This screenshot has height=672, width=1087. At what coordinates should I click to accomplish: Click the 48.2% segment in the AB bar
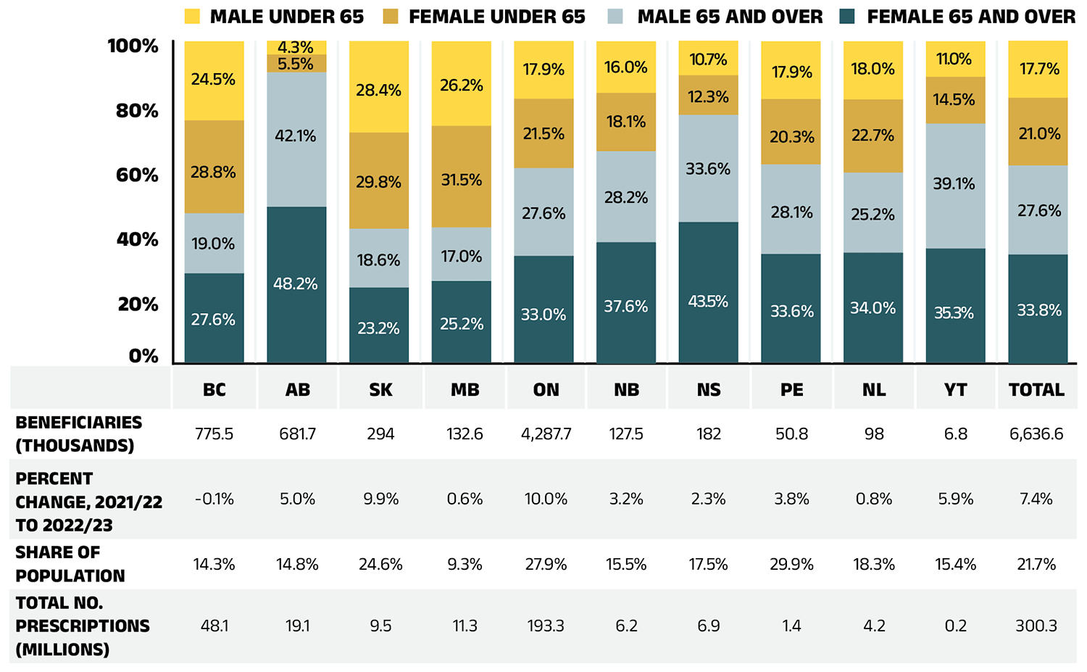click(296, 284)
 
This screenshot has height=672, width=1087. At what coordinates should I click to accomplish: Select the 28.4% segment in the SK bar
click(378, 90)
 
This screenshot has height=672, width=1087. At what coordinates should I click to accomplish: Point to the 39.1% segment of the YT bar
click(954, 184)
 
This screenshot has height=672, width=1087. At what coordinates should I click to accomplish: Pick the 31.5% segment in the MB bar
click(462, 179)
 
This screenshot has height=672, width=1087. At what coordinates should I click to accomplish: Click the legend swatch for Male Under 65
click(192, 17)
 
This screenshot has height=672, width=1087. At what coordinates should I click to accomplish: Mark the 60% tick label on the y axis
click(137, 175)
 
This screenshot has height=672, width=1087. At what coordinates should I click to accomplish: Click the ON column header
click(546, 390)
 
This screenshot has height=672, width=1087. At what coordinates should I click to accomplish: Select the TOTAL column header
click(1036, 390)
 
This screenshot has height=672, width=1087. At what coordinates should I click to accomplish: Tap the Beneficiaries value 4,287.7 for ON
click(546, 434)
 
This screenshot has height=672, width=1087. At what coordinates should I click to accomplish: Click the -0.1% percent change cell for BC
click(214, 499)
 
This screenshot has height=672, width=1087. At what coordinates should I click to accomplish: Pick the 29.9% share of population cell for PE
click(791, 565)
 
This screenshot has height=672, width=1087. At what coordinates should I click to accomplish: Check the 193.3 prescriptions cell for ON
click(546, 626)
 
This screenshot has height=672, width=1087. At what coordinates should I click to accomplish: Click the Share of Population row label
click(70, 564)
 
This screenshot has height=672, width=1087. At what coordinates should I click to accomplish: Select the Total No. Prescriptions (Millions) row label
click(82, 626)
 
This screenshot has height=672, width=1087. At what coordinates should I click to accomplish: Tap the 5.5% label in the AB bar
click(296, 64)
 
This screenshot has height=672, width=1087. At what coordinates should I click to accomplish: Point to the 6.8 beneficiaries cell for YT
click(955, 434)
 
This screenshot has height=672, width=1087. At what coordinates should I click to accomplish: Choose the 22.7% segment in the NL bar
click(872, 136)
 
